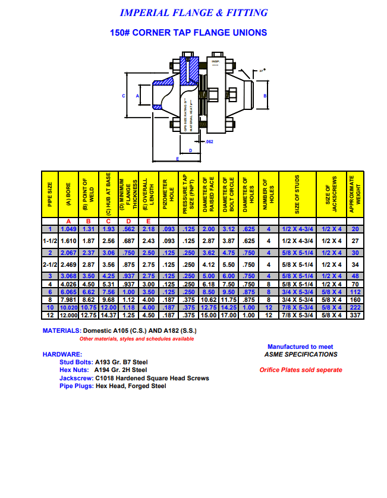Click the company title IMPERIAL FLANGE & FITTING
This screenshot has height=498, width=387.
[193, 12]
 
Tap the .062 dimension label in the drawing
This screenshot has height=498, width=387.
[208, 142]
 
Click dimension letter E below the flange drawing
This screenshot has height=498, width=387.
[177, 159]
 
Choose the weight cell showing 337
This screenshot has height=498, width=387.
[355, 314]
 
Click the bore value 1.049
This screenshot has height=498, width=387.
[68, 229]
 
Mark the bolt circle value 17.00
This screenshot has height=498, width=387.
[229, 314]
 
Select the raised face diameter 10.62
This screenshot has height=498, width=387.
[209, 300]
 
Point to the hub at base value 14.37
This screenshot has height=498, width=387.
[108, 314]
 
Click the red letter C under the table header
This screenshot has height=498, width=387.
[108, 222]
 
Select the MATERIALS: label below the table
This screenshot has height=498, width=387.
[61, 330]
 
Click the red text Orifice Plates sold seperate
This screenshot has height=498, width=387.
[301, 370]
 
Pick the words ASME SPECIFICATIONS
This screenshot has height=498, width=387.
[301, 354]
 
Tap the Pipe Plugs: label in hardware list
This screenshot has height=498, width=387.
[76, 386]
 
